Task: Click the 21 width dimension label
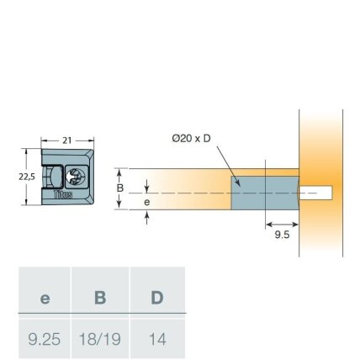(67, 140)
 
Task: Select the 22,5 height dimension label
(27, 177)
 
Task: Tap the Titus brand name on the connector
(63, 194)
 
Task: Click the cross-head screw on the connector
(75, 177)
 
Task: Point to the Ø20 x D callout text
(191, 139)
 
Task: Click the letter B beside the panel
(120, 188)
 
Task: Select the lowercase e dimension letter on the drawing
(147, 202)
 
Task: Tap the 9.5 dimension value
(282, 235)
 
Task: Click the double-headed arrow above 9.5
(282, 225)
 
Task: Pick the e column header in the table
(45, 299)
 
